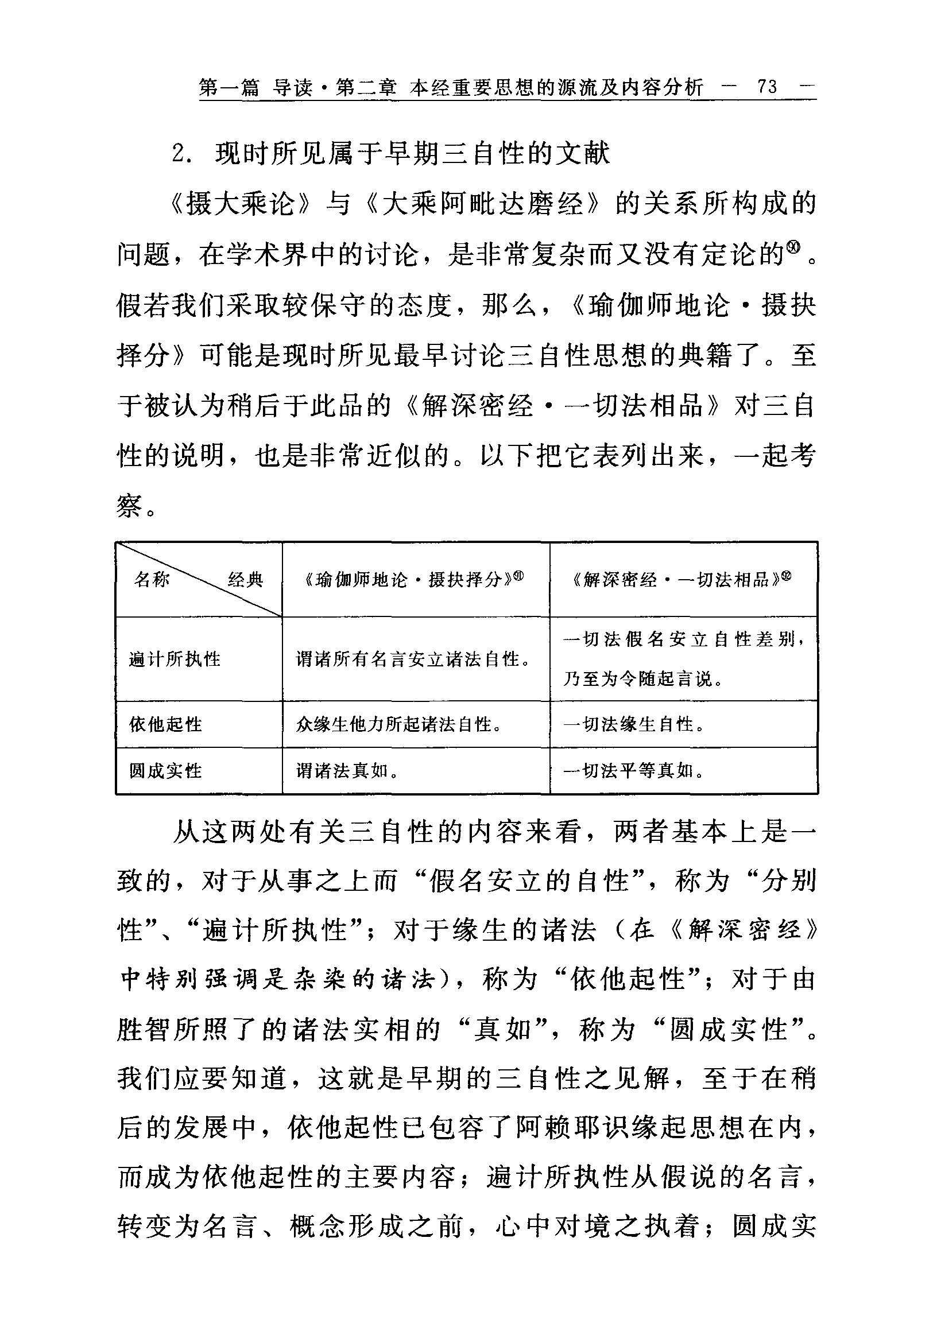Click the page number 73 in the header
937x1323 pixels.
[767, 87]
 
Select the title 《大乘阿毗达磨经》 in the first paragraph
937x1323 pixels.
[481, 204]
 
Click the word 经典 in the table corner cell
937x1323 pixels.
[245, 579]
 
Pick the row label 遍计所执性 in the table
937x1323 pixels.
[175, 659]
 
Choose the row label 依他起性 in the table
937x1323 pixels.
[165, 724]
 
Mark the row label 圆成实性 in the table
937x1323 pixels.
[165, 770]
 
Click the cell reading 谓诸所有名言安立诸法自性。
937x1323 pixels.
[415, 659]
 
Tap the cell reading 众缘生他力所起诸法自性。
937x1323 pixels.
[398, 724]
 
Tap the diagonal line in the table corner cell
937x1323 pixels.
[199, 579]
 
